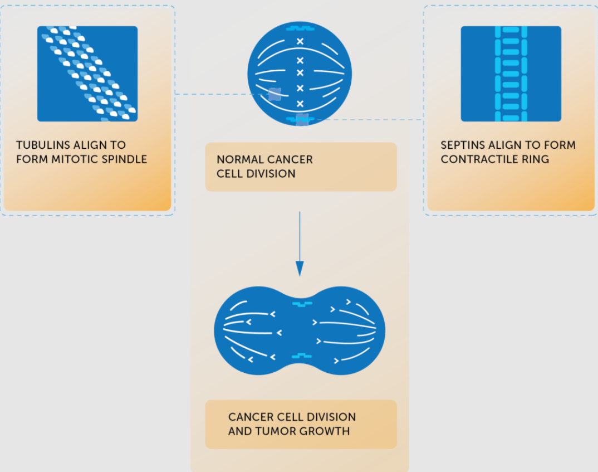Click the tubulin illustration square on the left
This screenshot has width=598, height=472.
click(87, 74)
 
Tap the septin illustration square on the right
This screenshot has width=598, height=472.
click(511, 74)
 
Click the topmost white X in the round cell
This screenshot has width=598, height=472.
click(300, 41)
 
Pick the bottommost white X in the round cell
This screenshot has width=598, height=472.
click(300, 104)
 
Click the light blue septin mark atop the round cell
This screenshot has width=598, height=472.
click(300, 28)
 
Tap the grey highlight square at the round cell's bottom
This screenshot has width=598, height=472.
click(302, 119)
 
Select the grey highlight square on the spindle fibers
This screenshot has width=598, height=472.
click(275, 94)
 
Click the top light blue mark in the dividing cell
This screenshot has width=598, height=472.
click(301, 304)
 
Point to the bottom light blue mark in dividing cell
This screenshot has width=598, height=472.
click(301, 355)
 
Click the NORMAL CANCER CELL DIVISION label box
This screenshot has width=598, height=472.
click(301, 167)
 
